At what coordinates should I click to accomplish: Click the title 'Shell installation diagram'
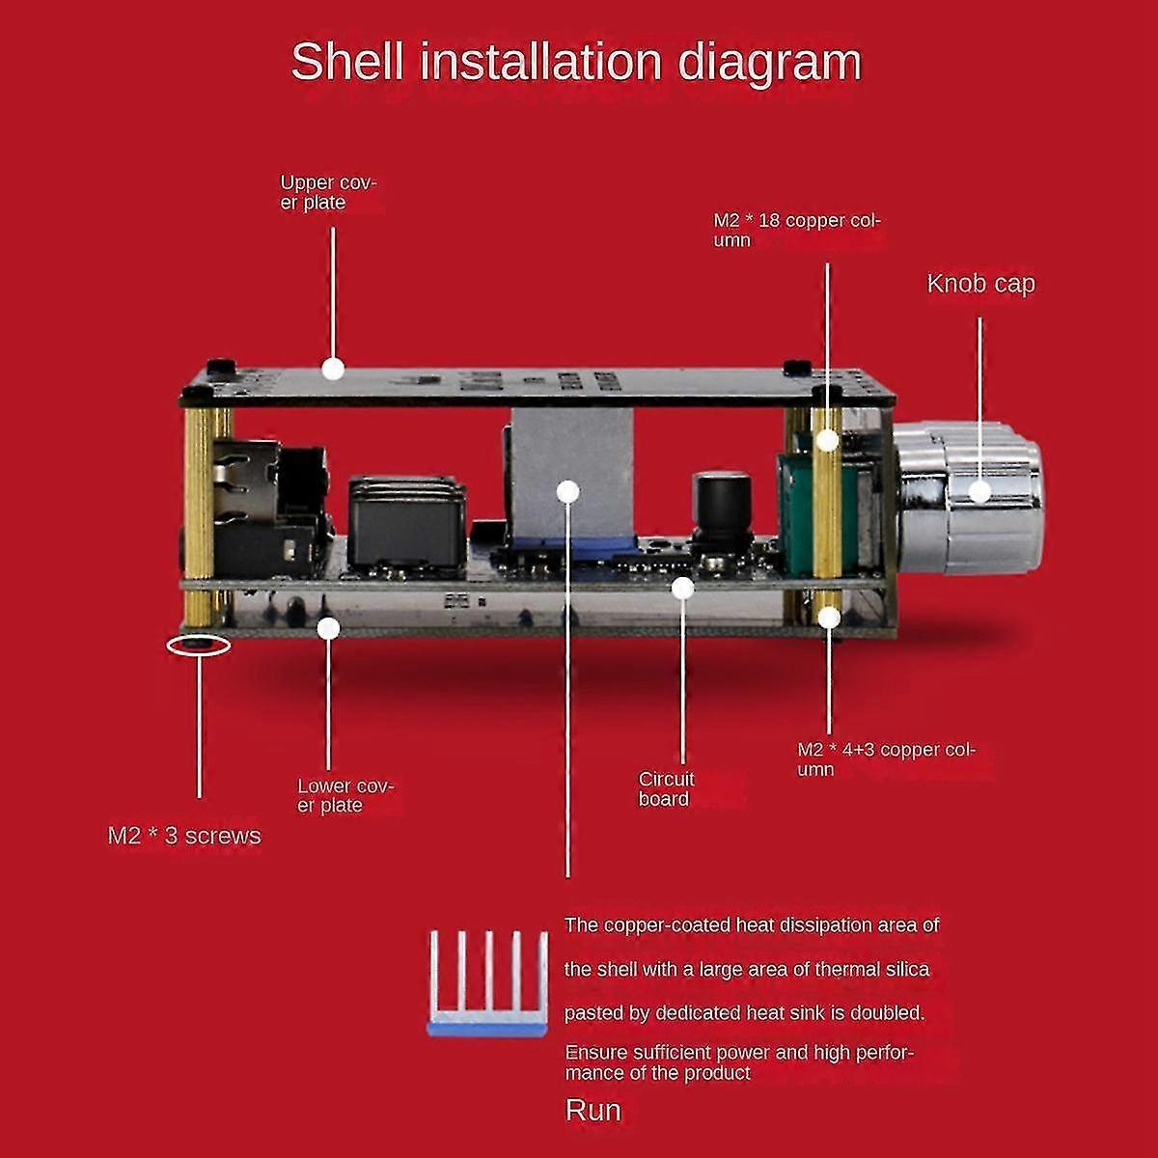click(x=575, y=63)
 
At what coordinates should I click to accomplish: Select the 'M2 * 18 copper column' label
click(x=796, y=230)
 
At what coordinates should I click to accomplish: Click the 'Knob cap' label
click(x=980, y=284)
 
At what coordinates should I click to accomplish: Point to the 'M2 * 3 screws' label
click(x=184, y=836)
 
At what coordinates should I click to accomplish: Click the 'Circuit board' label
click(x=666, y=788)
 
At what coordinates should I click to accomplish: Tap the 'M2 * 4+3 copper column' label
click(x=886, y=758)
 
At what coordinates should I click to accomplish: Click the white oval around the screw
click(x=199, y=644)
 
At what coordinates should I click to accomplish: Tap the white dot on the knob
click(x=979, y=491)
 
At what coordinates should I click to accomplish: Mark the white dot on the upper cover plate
click(x=333, y=368)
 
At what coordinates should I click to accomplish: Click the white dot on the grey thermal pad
click(x=567, y=491)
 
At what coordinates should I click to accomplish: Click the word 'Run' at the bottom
click(x=593, y=1111)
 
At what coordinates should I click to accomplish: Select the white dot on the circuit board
click(x=683, y=587)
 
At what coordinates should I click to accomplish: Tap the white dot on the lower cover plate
click(x=329, y=628)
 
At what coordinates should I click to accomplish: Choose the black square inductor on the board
click(x=407, y=521)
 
